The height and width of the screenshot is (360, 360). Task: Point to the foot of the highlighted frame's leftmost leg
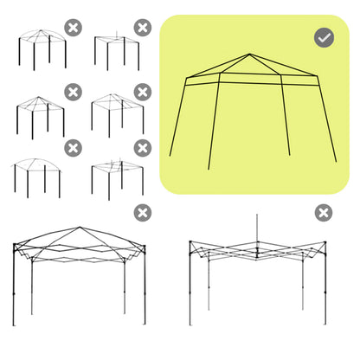170,156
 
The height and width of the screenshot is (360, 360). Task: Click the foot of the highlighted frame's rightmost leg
335,161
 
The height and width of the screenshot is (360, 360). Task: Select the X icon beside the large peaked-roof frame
142,213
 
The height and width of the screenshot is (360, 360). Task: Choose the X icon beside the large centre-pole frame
323,213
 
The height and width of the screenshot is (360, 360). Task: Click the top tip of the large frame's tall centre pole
257,215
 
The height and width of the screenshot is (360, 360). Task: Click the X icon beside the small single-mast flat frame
142,28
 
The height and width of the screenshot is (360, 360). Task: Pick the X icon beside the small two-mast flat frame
142,148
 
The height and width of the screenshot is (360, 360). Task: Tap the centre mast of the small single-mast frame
117,35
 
